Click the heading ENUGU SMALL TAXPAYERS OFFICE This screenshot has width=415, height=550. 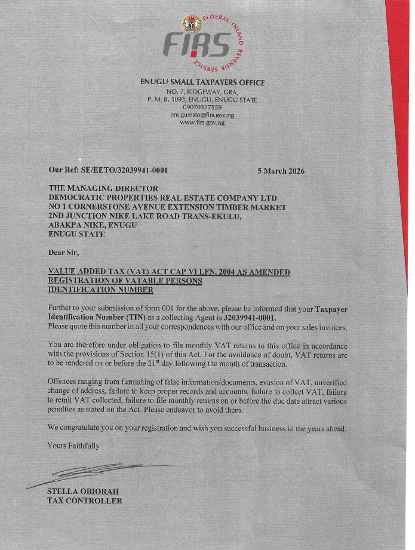coord(202,82)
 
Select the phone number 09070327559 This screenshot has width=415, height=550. coord(202,107)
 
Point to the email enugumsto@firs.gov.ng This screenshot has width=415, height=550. coord(202,114)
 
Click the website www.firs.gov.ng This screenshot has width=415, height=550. coord(202,122)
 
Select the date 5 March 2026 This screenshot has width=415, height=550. coord(281,171)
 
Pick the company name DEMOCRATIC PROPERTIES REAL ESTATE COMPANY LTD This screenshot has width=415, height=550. coord(162,198)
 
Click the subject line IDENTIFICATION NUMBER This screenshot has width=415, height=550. coord(100,290)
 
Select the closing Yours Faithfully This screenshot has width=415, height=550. coord(73,446)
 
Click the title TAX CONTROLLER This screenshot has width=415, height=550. coord(85,500)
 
